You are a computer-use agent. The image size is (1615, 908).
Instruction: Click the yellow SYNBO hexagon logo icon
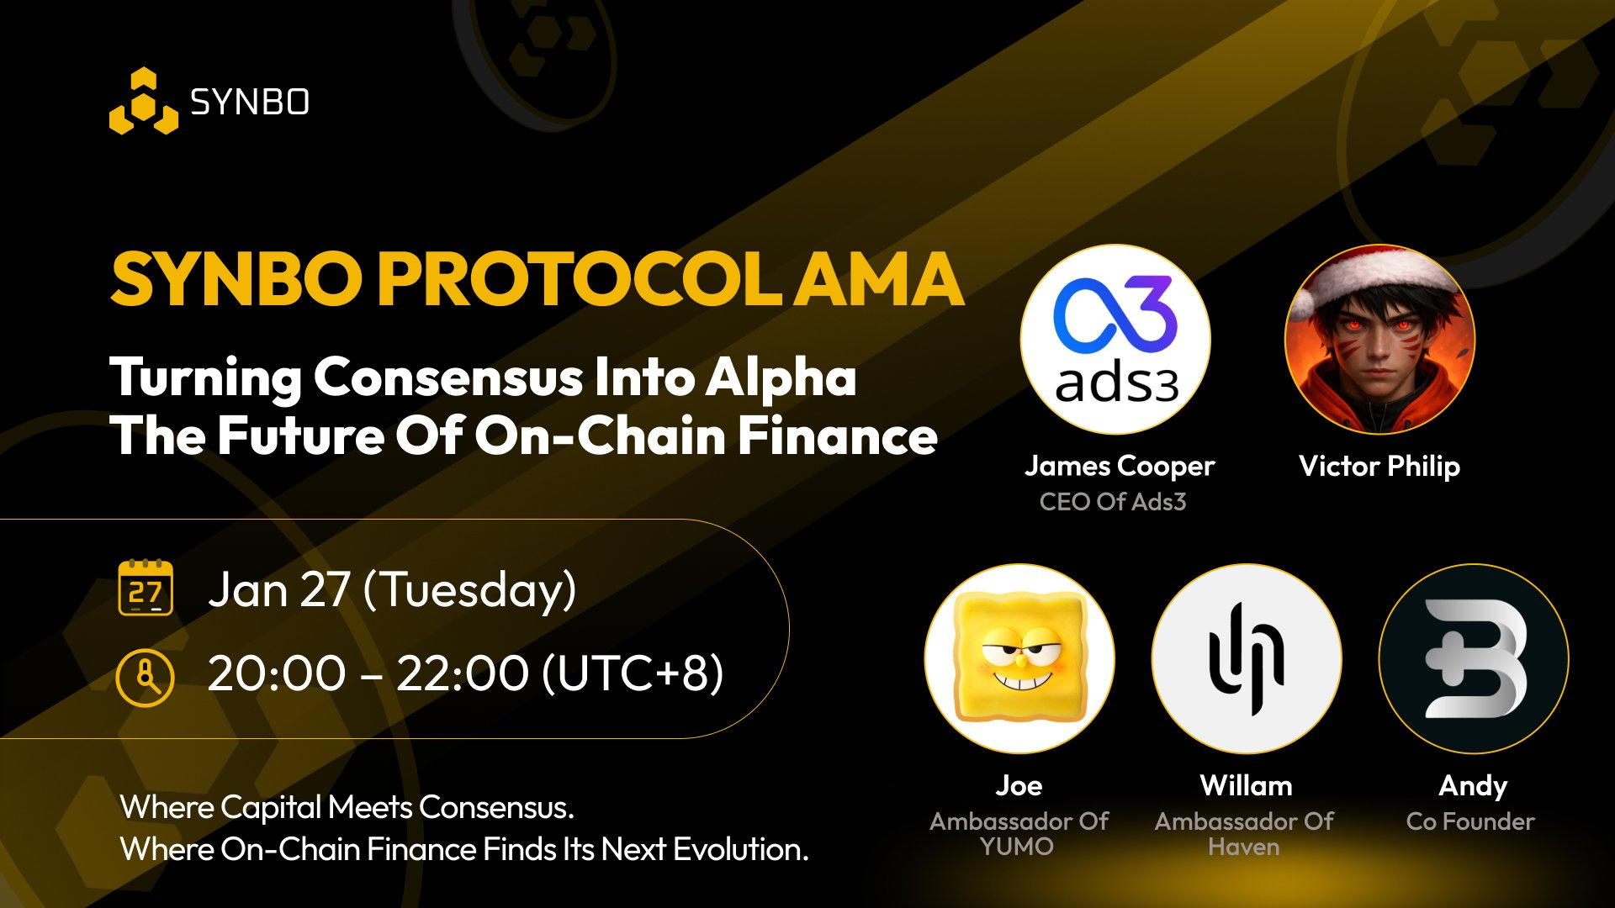[x=144, y=101]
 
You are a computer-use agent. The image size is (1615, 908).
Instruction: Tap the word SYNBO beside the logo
[x=250, y=103]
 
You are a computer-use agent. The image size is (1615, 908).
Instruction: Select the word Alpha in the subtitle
[x=781, y=377]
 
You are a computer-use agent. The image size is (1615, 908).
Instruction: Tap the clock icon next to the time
[x=145, y=677]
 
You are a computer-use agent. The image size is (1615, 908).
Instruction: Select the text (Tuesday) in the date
[x=469, y=590]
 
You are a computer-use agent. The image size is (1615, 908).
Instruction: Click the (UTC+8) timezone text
[x=633, y=673]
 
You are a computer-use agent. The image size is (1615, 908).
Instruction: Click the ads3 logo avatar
[x=1115, y=340]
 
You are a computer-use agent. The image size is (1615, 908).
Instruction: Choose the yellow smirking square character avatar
[x=1019, y=658]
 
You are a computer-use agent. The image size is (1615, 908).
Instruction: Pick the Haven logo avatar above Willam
[x=1247, y=658]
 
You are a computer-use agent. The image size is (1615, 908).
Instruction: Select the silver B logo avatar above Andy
[x=1474, y=658]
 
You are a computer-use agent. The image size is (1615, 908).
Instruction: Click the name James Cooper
[x=1120, y=467]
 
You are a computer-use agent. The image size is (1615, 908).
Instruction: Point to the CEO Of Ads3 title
[x=1113, y=502]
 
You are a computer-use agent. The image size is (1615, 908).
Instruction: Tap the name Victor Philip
[x=1379, y=467]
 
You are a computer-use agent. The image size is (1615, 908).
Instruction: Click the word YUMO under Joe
[x=1017, y=847]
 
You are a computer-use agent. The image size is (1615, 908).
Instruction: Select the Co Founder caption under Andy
[x=1470, y=821]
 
